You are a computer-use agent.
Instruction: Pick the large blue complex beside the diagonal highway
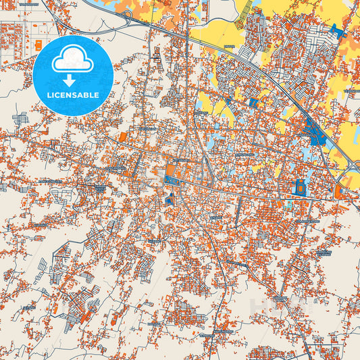click(x=314, y=130)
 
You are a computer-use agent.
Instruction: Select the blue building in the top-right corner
click(x=336, y=30)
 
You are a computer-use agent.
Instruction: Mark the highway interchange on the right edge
click(x=348, y=169)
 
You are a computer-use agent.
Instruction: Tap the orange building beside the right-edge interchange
click(x=338, y=192)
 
